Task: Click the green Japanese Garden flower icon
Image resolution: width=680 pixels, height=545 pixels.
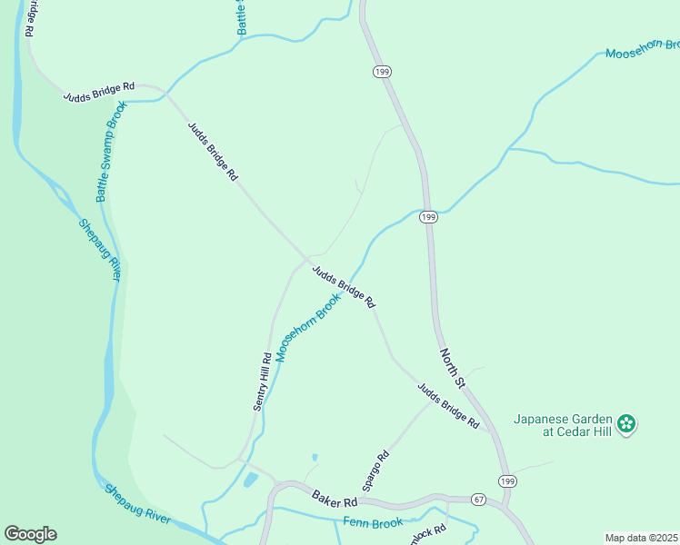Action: (x=625, y=423)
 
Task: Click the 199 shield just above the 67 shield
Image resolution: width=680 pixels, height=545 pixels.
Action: (x=505, y=480)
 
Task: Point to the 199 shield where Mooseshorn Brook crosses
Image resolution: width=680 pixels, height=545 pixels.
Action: (x=429, y=216)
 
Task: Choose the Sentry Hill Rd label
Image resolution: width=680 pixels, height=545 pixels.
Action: (x=262, y=381)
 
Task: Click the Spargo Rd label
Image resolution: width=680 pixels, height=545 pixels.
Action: (x=375, y=471)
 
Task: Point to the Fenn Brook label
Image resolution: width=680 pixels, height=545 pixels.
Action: (x=373, y=523)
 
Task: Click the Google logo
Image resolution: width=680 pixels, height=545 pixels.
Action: (x=30, y=534)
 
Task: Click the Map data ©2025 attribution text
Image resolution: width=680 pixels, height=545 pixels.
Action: (x=641, y=538)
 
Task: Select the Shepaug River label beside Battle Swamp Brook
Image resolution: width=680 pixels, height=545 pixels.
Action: (x=99, y=250)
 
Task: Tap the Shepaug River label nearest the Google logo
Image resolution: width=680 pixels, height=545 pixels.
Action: (x=136, y=503)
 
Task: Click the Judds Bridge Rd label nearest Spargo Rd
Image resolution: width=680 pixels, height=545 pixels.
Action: (x=447, y=406)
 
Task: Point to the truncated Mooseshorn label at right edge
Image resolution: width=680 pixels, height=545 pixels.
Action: (x=643, y=49)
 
